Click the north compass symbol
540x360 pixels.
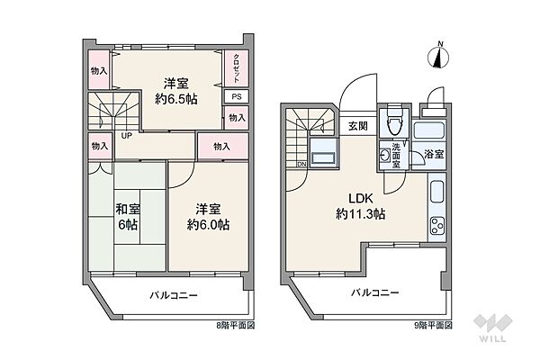(438, 56)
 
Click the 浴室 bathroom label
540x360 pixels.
(433, 155)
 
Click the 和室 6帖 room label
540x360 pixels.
(126, 217)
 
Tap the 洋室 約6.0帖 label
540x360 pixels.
(207, 217)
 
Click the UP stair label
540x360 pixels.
(127, 136)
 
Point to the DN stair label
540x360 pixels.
(301, 164)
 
